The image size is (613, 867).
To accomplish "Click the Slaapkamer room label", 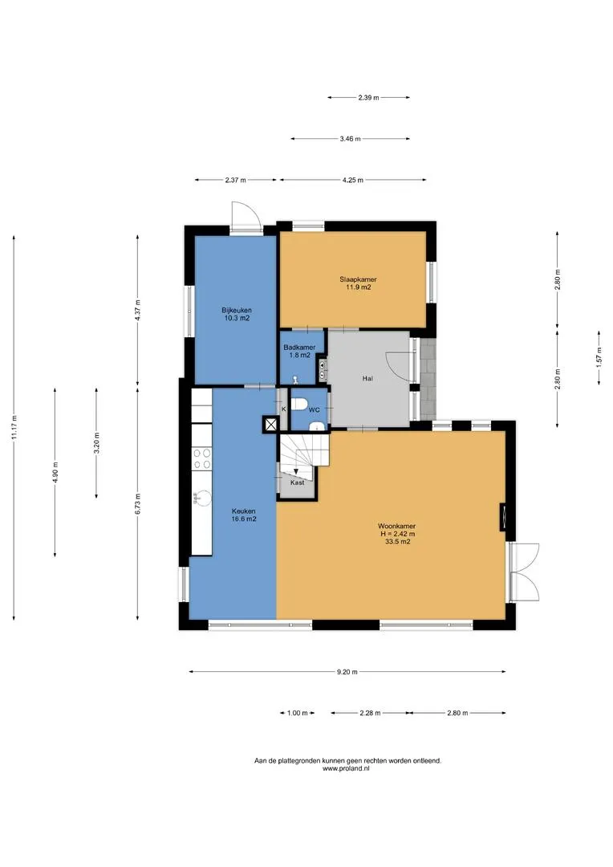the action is pos(358,279).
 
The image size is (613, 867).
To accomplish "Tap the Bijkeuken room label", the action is pos(237,310).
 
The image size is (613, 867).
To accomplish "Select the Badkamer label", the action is pos(299,348).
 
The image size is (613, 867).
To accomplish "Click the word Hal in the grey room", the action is pos(367,378).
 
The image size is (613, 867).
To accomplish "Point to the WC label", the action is pos(314,409).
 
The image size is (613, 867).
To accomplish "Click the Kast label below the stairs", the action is pos(298,482).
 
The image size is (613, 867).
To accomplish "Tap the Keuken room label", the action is pos(244,511).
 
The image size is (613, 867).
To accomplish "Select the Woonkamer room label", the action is pos(397,526).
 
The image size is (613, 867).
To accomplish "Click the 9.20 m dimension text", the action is pos(347,672).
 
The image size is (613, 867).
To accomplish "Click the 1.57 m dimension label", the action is pos(599,357).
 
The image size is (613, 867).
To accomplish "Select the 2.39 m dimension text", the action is pos(369,97).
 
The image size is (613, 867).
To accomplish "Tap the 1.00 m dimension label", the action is pos(298,713).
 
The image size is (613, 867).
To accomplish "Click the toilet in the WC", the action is pos(299,404).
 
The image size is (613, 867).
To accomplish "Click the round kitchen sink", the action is pos(203,499).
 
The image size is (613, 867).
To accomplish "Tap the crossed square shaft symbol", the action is pos(270,424).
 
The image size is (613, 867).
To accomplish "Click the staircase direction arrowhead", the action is pos(296,471).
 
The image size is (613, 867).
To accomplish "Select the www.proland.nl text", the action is pos(346,768).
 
